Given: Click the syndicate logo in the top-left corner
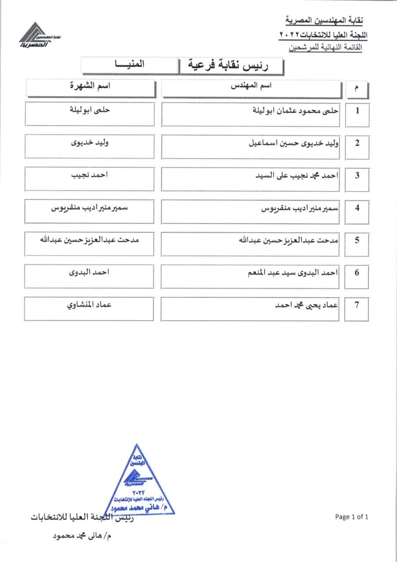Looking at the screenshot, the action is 35,38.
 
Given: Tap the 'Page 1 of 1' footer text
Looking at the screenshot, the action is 351,517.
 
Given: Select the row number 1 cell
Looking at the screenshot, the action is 357,111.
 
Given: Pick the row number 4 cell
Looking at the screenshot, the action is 357,208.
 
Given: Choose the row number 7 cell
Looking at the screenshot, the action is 357,305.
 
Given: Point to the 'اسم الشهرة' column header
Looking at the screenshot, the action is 90,86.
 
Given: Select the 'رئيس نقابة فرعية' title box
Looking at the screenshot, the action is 231,66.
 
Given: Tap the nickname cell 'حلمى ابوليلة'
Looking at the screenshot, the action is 90,111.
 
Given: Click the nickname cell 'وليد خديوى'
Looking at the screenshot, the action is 90,143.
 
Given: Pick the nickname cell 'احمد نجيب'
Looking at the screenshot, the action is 90,175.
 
